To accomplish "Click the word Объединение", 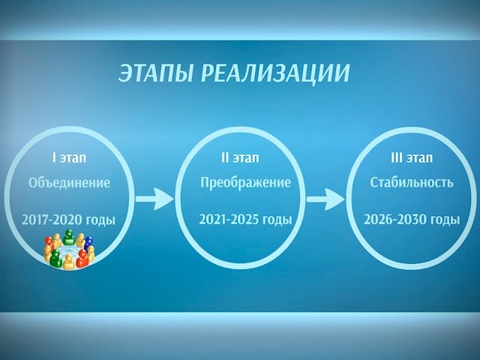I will (69, 183).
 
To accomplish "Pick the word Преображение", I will (245, 183).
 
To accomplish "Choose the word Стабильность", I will (412, 183).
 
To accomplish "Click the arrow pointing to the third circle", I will (324, 199).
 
